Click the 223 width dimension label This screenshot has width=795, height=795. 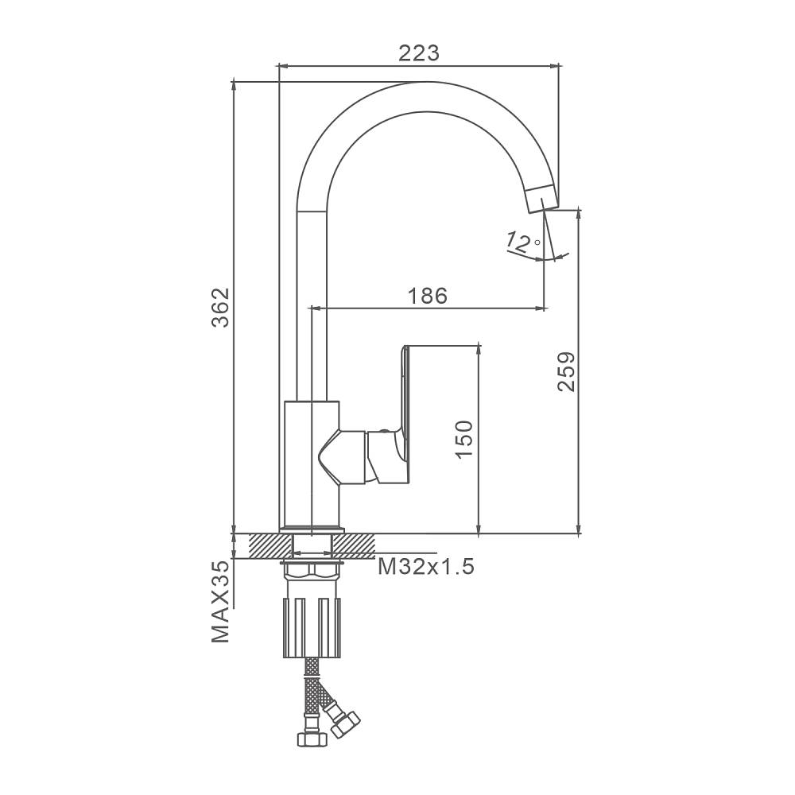419,52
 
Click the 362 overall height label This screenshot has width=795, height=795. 221,307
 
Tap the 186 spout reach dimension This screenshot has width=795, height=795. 428,296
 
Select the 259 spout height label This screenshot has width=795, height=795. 566,371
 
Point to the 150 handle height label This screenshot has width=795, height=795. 464,439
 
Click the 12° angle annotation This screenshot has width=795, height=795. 523,242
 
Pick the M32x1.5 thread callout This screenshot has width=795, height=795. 426,566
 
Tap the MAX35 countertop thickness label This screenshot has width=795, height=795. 221,602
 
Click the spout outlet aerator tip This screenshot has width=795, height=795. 542,198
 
